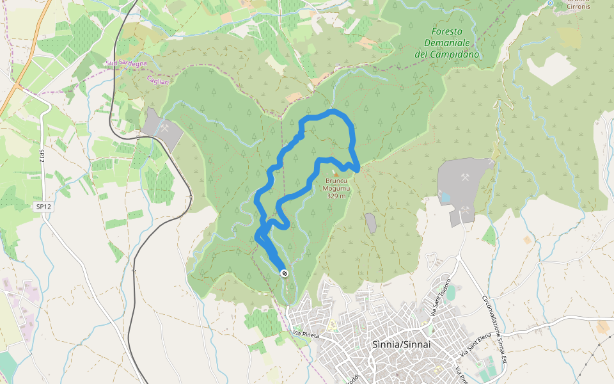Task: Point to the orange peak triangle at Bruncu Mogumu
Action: (x=336, y=173)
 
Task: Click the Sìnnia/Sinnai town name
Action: (x=401, y=344)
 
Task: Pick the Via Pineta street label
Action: (x=306, y=334)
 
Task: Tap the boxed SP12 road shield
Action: (x=43, y=206)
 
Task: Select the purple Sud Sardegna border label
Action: (x=126, y=63)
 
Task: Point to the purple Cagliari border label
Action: (x=157, y=80)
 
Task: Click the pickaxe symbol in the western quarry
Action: (x=164, y=127)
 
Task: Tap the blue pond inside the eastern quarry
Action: (x=446, y=198)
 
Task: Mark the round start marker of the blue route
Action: (x=285, y=273)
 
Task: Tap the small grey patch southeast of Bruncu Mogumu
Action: (x=370, y=223)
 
